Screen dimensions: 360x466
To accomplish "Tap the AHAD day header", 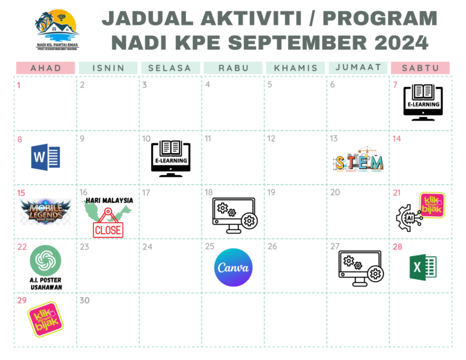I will (x=46, y=68).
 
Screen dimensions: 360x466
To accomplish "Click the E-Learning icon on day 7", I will (x=423, y=101).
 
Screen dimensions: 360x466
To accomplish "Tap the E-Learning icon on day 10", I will (x=171, y=158).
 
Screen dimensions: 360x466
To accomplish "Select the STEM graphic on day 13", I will (x=359, y=161).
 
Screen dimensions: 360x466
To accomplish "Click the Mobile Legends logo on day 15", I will (x=46, y=212).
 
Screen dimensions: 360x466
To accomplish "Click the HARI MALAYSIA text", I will (x=110, y=200).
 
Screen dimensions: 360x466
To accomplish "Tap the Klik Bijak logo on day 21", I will (x=432, y=205).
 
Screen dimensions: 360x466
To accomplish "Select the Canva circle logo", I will (x=234, y=268).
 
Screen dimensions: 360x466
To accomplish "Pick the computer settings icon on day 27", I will (x=360, y=268).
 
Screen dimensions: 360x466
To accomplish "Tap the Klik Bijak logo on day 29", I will (x=46, y=320).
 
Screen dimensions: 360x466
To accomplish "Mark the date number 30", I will (x=84, y=300).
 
